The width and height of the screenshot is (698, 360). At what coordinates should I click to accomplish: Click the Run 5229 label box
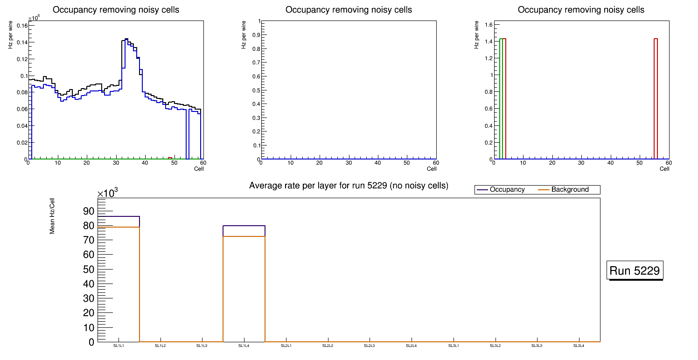coord(635,270)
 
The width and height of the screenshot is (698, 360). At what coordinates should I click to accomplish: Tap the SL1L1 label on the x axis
coord(119,346)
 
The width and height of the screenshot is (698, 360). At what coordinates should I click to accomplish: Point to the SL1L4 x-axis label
coord(244,346)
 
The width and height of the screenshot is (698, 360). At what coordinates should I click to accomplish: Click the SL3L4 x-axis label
coord(579,346)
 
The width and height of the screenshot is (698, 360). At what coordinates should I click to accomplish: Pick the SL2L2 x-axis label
coord(328,346)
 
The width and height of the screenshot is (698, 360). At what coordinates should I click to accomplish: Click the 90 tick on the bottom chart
coord(89,211)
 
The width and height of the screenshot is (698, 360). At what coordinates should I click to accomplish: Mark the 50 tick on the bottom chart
coord(89,270)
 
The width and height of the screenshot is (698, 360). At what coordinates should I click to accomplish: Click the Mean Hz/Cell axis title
coord(52,215)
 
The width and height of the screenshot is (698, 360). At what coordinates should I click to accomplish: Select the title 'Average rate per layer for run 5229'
coord(349,186)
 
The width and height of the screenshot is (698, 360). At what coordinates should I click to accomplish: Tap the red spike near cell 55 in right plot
coord(656,39)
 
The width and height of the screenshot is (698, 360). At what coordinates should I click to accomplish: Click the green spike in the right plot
coord(501,39)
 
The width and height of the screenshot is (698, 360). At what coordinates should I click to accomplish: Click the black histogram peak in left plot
coord(126,39)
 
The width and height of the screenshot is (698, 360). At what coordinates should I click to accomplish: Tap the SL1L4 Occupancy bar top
coord(244,226)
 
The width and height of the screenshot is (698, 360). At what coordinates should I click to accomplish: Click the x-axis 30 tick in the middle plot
coord(349,163)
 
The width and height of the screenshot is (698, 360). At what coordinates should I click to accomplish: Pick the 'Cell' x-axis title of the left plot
coord(199,169)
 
